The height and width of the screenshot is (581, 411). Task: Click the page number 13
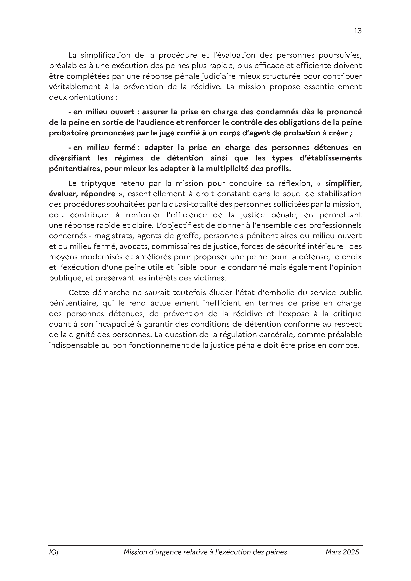358,31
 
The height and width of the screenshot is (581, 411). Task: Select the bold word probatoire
68,133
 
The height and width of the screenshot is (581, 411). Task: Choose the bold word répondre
98,194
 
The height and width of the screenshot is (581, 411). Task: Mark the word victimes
209,278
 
